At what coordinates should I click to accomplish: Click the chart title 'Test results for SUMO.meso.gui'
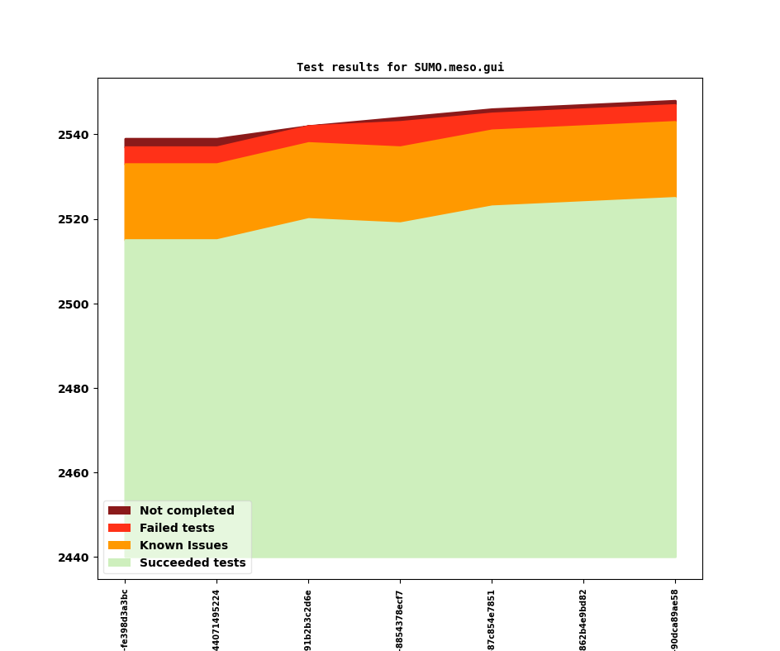pos(400,68)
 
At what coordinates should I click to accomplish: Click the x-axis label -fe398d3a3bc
pos(125,620)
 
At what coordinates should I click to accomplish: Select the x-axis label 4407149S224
pos(216,620)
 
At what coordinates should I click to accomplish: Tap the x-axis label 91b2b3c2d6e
pos(308,620)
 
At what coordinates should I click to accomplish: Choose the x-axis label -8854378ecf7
pos(400,620)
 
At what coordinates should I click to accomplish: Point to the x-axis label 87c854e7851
pos(492,620)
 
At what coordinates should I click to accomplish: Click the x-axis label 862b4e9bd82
pos(583,620)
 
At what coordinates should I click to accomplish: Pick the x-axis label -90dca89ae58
pos(675,620)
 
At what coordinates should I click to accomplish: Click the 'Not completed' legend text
pos(187,511)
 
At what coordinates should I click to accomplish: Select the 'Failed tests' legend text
pos(177,529)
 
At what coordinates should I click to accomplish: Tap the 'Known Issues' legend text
pos(183,546)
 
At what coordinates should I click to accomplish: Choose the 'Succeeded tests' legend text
pos(193,563)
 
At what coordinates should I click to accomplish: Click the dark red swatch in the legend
pos(119,511)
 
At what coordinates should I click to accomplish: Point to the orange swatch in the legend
pos(119,546)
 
